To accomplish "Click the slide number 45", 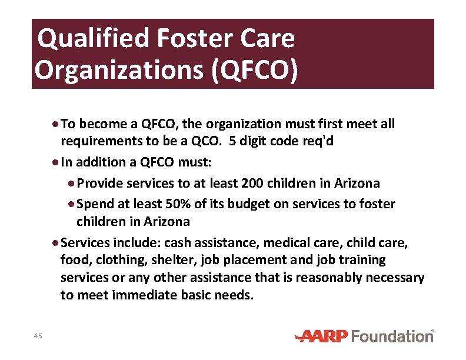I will (x=38, y=335).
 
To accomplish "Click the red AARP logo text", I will (x=322, y=336).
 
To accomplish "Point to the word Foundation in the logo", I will (x=392, y=336).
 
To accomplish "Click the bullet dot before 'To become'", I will (x=55, y=124).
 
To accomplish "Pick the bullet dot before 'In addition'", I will (x=55, y=162).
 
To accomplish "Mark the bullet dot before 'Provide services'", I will (x=71, y=183).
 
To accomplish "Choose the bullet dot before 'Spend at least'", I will (x=71, y=204).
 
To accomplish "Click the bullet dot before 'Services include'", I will (x=55, y=242).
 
